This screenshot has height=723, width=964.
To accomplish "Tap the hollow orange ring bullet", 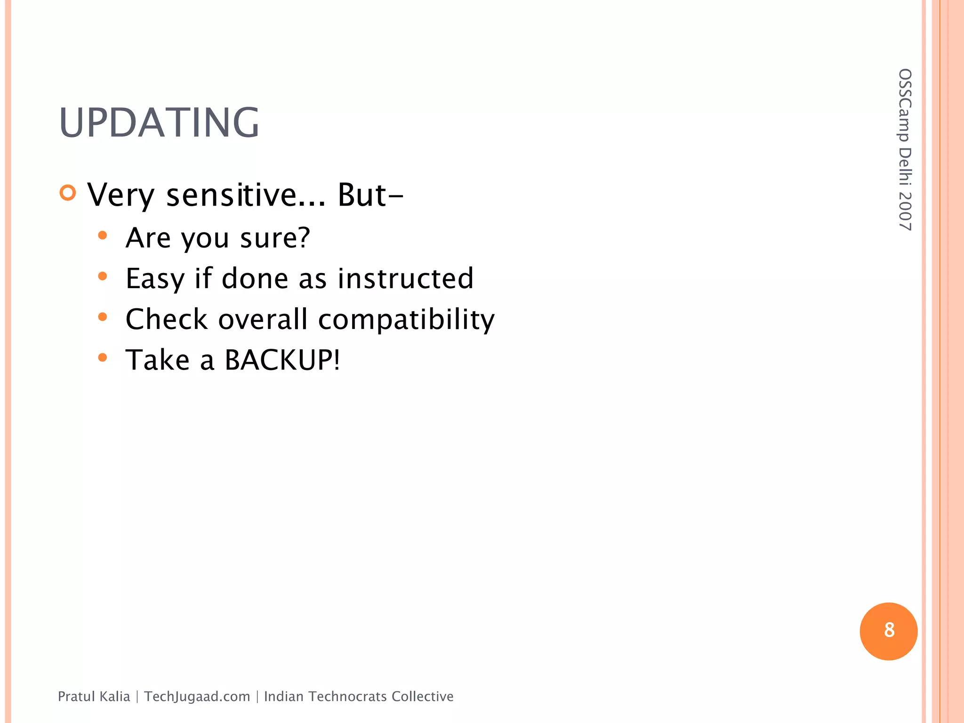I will (68, 193).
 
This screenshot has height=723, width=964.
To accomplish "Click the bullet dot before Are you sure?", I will (103, 235).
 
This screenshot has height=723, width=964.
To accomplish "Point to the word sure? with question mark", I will (275, 238).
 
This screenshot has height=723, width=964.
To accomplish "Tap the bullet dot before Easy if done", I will (103, 276).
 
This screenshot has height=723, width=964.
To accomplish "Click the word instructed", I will (406, 278).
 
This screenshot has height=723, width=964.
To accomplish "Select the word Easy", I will (155, 279).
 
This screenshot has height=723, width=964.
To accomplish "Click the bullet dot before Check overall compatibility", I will (103, 317).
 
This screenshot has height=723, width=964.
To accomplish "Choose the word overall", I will (263, 319).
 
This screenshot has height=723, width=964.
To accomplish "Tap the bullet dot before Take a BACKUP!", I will (103, 358).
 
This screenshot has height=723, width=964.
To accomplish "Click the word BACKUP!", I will (282, 360).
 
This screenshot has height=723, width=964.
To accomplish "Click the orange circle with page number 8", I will (888, 631).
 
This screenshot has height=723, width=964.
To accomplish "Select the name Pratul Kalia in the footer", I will (94, 697).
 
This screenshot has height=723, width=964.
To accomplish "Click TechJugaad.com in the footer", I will (197, 697).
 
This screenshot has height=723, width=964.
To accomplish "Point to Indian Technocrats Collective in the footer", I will (359, 697).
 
